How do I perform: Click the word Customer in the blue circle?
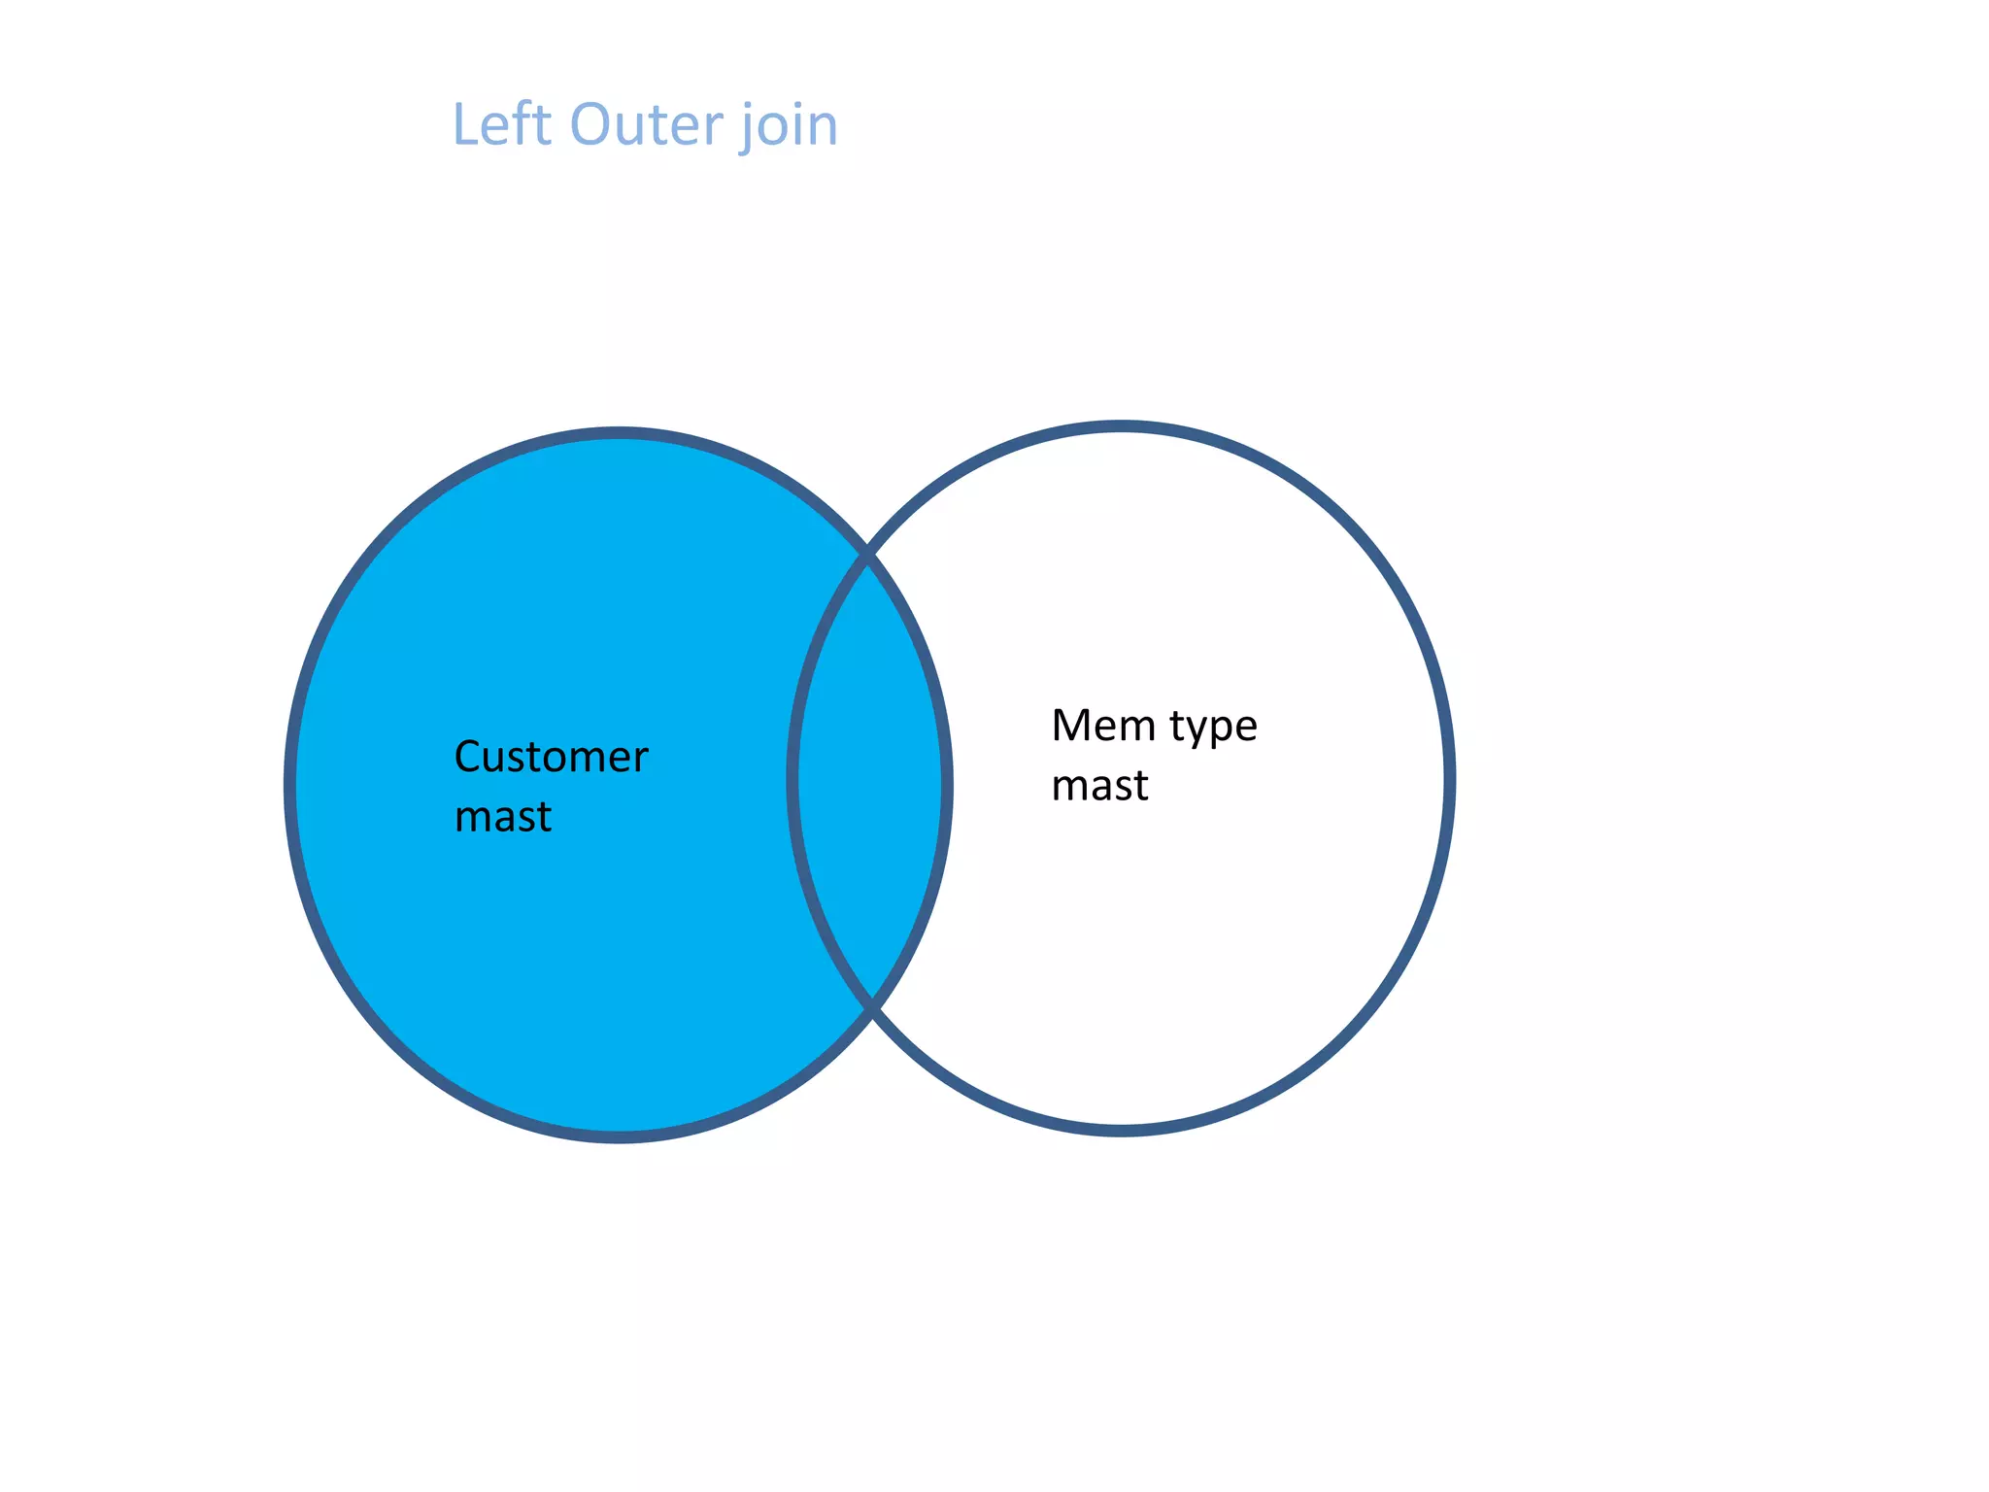coord(551,757)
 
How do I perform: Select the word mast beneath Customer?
coord(502,816)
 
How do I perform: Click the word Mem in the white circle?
coord(1103,725)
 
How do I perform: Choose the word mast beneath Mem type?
coord(1099,785)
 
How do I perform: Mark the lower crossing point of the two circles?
coord(871,1006)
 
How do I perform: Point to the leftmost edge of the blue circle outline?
coord(289,785)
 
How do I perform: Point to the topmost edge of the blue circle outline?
coord(619,432)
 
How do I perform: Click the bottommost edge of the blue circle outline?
coord(619,1137)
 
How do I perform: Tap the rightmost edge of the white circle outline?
coord(1449,779)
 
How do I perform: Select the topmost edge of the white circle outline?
coord(1121,426)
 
